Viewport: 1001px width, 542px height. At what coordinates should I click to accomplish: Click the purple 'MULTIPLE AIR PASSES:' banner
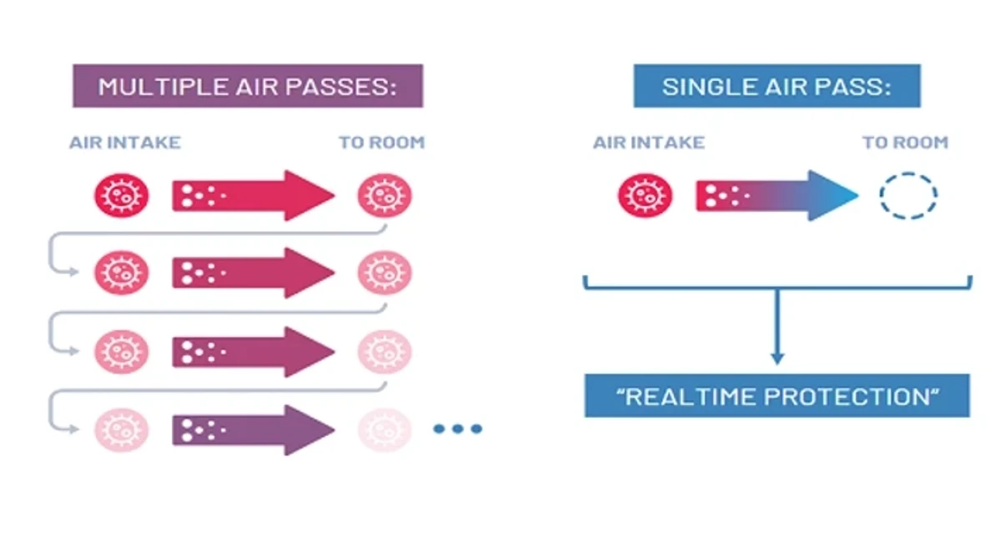pos(248,86)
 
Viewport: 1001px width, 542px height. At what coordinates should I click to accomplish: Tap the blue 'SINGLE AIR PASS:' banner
pos(777,86)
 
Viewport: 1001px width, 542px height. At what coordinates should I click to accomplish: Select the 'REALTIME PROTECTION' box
pos(777,396)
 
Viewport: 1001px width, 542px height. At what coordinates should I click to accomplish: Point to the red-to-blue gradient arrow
pos(777,196)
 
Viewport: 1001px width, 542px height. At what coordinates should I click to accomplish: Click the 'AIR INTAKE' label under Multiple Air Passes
pos(125,143)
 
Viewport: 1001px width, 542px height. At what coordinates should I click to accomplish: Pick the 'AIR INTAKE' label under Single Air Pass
pos(649,143)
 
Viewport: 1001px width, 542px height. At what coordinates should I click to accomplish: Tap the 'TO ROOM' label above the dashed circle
pos(905,143)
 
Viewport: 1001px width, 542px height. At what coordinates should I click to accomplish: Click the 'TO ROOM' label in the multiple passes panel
pos(382,143)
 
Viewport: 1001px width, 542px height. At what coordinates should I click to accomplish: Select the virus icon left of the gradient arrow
pos(645,196)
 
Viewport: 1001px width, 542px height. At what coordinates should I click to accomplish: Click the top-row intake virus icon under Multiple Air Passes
pos(121,196)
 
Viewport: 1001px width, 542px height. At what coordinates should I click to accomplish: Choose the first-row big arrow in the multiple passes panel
pos(254,196)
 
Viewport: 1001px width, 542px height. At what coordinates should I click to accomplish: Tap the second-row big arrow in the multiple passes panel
pos(254,273)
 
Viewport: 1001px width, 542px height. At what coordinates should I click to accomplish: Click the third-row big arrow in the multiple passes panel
pos(254,352)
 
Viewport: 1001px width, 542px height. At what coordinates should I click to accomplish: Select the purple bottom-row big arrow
pos(254,430)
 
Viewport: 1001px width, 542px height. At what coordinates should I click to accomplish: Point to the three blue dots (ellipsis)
pos(458,429)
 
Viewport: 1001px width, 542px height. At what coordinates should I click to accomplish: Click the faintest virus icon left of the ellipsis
pos(385,430)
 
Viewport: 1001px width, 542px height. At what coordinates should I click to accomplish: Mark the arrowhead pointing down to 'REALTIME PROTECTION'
pos(777,359)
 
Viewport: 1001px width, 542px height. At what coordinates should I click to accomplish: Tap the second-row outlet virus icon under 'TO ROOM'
pos(385,273)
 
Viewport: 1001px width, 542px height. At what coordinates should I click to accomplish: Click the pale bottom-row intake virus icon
pos(121,430)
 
